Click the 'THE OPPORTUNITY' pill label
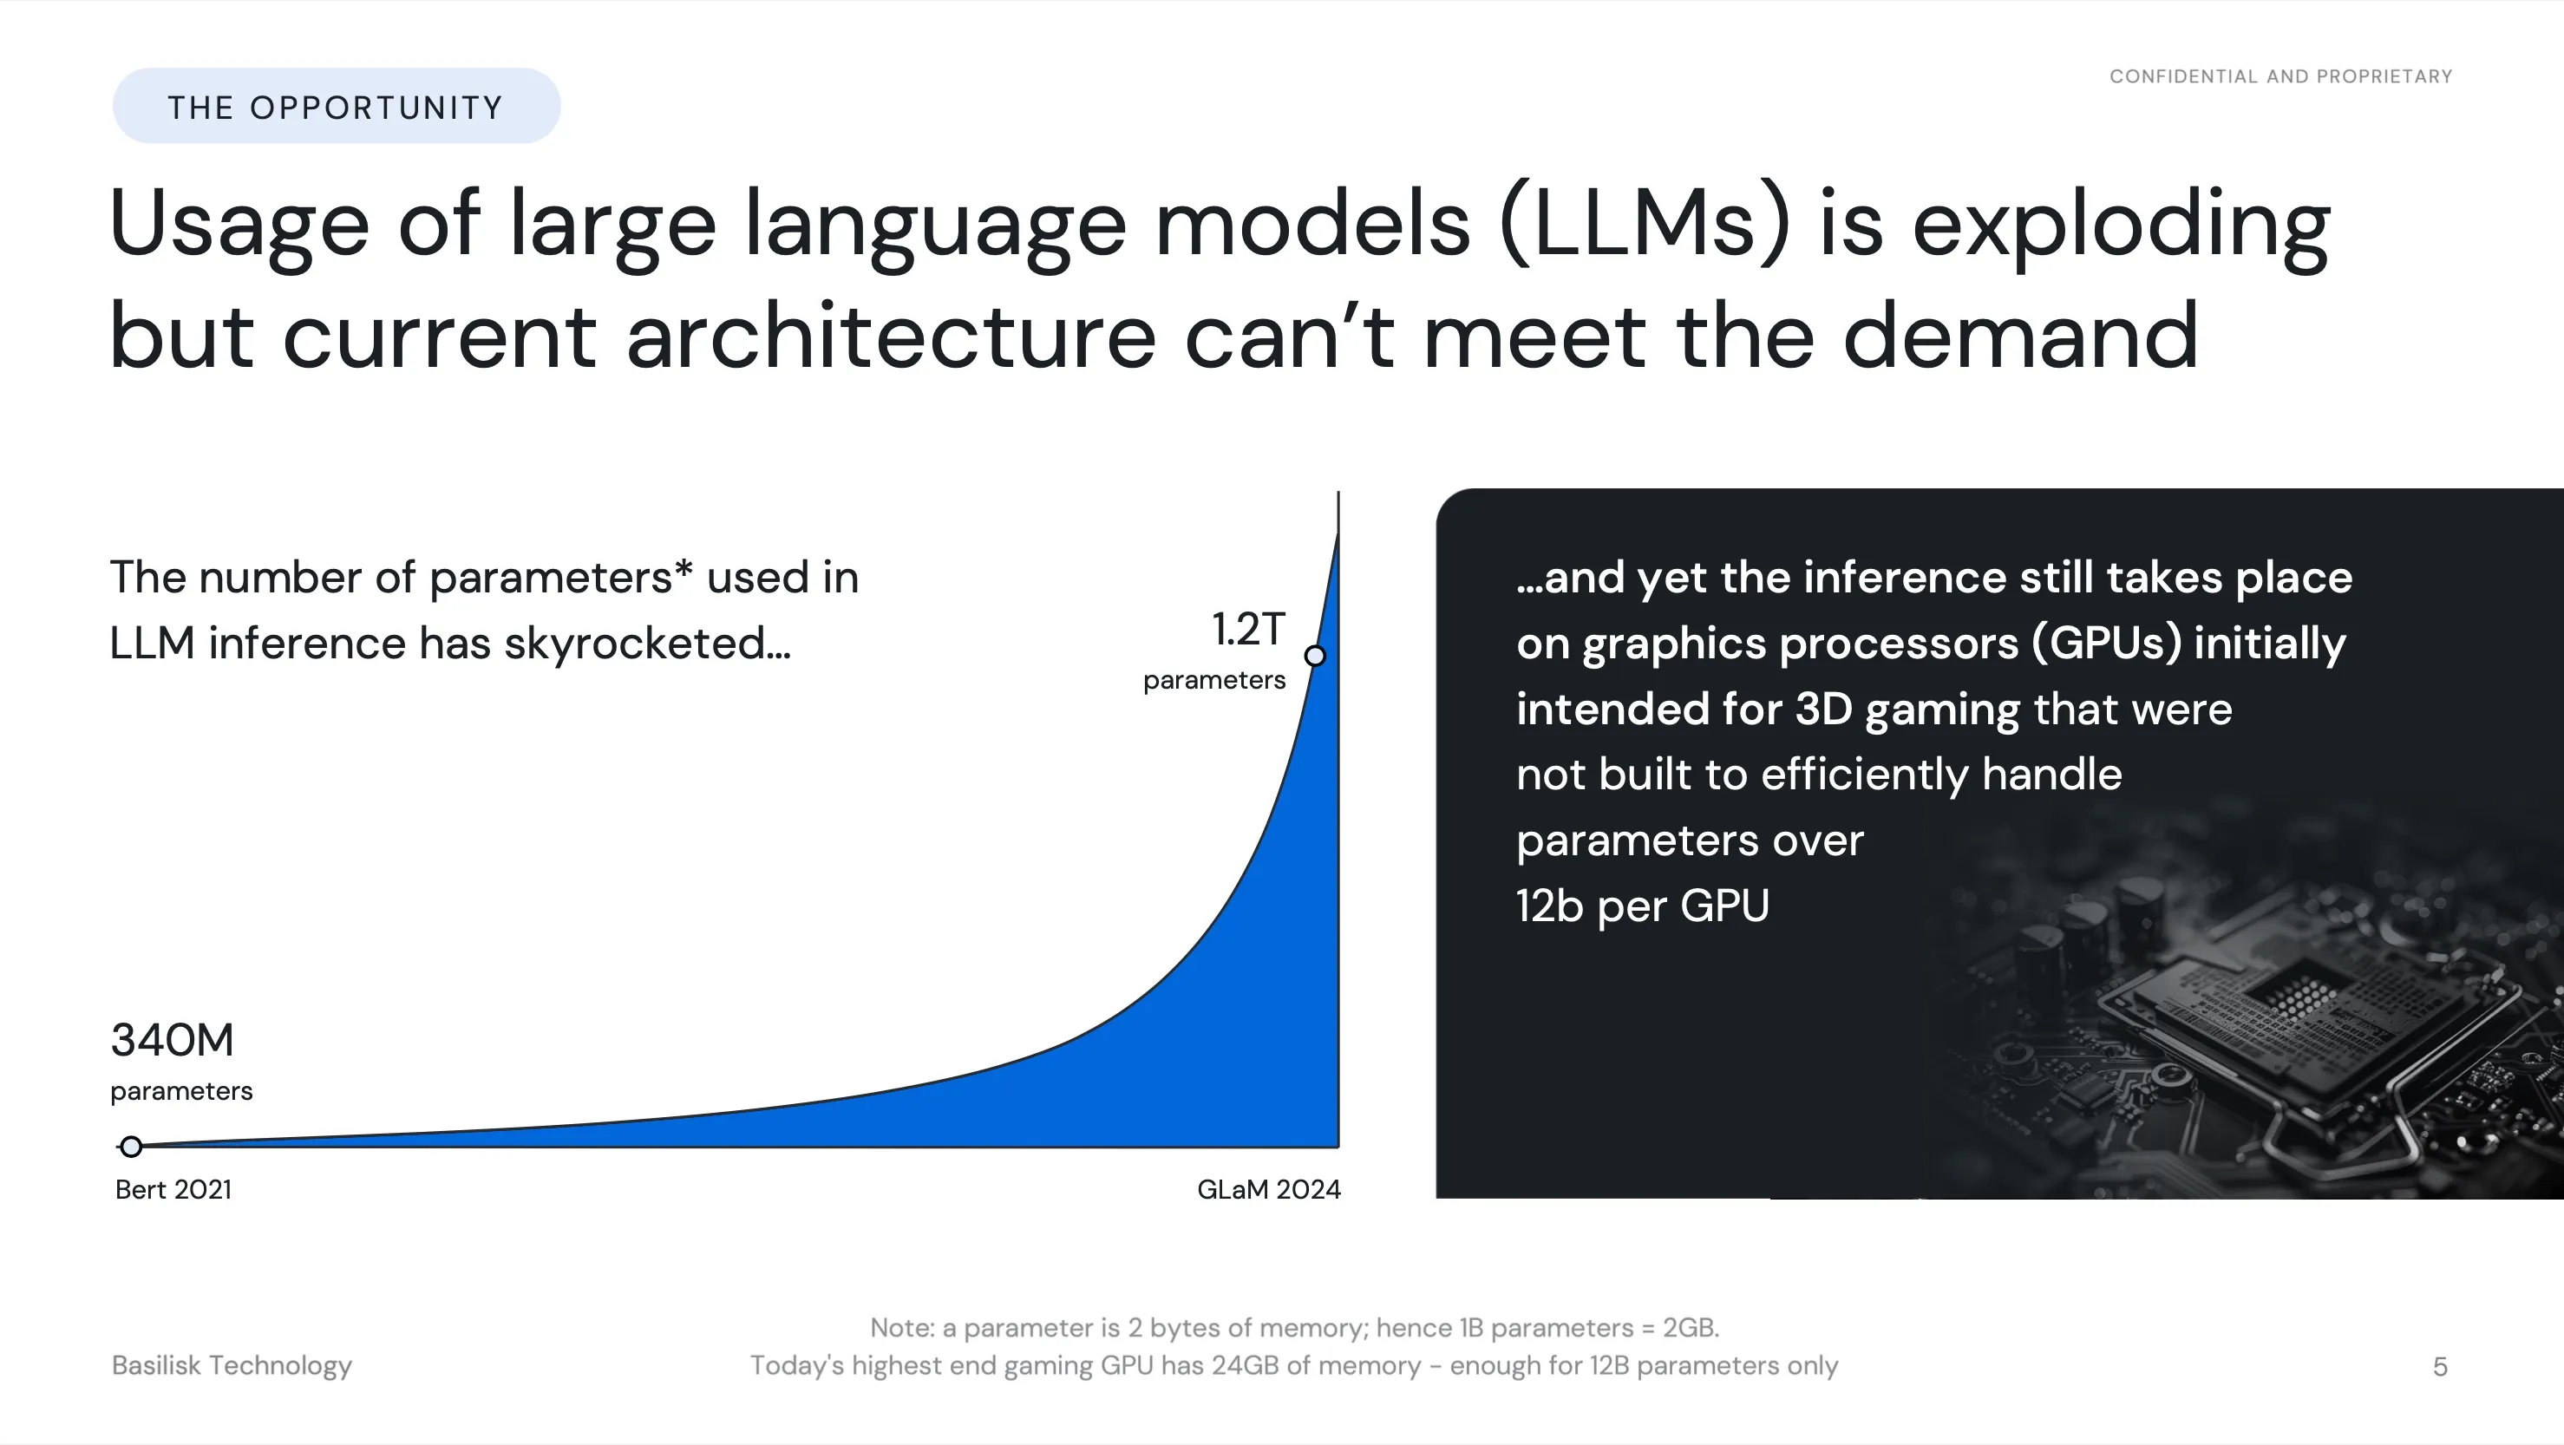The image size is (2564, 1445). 337,107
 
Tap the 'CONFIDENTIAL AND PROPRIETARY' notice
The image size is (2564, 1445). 2280,76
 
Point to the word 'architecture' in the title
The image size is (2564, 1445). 891,337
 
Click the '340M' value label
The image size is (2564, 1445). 173,1040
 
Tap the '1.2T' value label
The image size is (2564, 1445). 1248,629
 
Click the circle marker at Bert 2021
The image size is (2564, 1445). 130,1147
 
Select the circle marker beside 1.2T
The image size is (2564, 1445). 1315,656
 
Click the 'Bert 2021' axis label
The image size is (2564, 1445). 173,1189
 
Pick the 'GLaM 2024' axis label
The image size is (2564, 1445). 1269,1189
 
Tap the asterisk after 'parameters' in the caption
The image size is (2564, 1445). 683,568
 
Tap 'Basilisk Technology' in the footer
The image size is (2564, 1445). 232,1365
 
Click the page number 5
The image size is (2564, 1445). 2440,1366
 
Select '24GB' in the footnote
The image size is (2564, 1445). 1244,1365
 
